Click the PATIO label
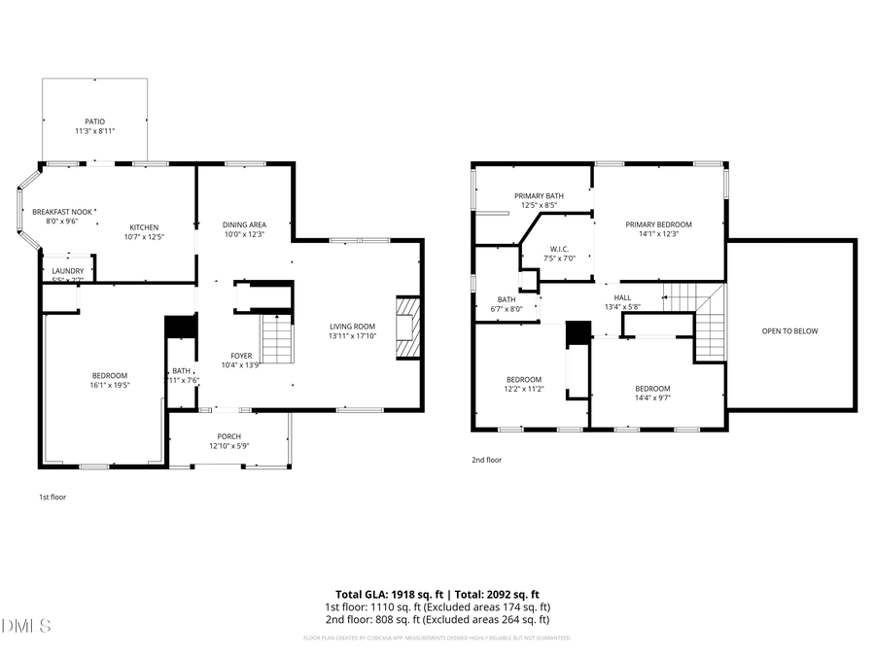[94, 121]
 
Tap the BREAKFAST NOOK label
[54, 211]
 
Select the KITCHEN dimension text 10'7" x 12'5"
[144, 237]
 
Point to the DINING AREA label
[244, 224]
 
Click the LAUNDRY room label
[67, 271]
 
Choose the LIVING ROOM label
[352, 327]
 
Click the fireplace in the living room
[408, 328]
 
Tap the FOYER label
[241, 355]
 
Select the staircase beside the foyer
[278, 339]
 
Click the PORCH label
[228, 436]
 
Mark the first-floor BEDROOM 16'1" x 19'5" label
[110, 375]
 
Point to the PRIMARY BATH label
[539, 195]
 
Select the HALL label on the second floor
[622, 297]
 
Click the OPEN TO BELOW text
[790, 331]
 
